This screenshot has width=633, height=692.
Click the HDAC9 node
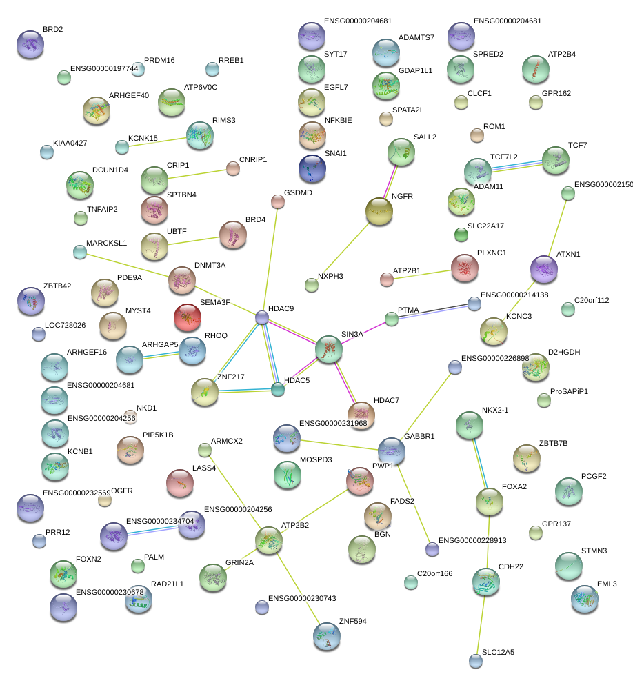262,317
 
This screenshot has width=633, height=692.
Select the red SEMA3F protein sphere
188,317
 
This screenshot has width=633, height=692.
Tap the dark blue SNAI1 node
312,168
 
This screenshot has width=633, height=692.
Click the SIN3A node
329,350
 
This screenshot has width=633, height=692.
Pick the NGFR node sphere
379,212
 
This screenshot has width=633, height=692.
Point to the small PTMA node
392,318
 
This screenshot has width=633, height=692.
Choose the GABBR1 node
391,451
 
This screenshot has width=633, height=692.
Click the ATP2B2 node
268,541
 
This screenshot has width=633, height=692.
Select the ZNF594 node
326,636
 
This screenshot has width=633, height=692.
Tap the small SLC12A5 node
475,660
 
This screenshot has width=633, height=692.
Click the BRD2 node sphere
30,43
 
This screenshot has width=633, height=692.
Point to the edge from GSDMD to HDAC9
270,259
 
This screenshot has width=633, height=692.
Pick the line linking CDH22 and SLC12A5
482,621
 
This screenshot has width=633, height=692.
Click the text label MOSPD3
316,459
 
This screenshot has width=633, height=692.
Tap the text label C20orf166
435,573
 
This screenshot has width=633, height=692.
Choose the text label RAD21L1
168,584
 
